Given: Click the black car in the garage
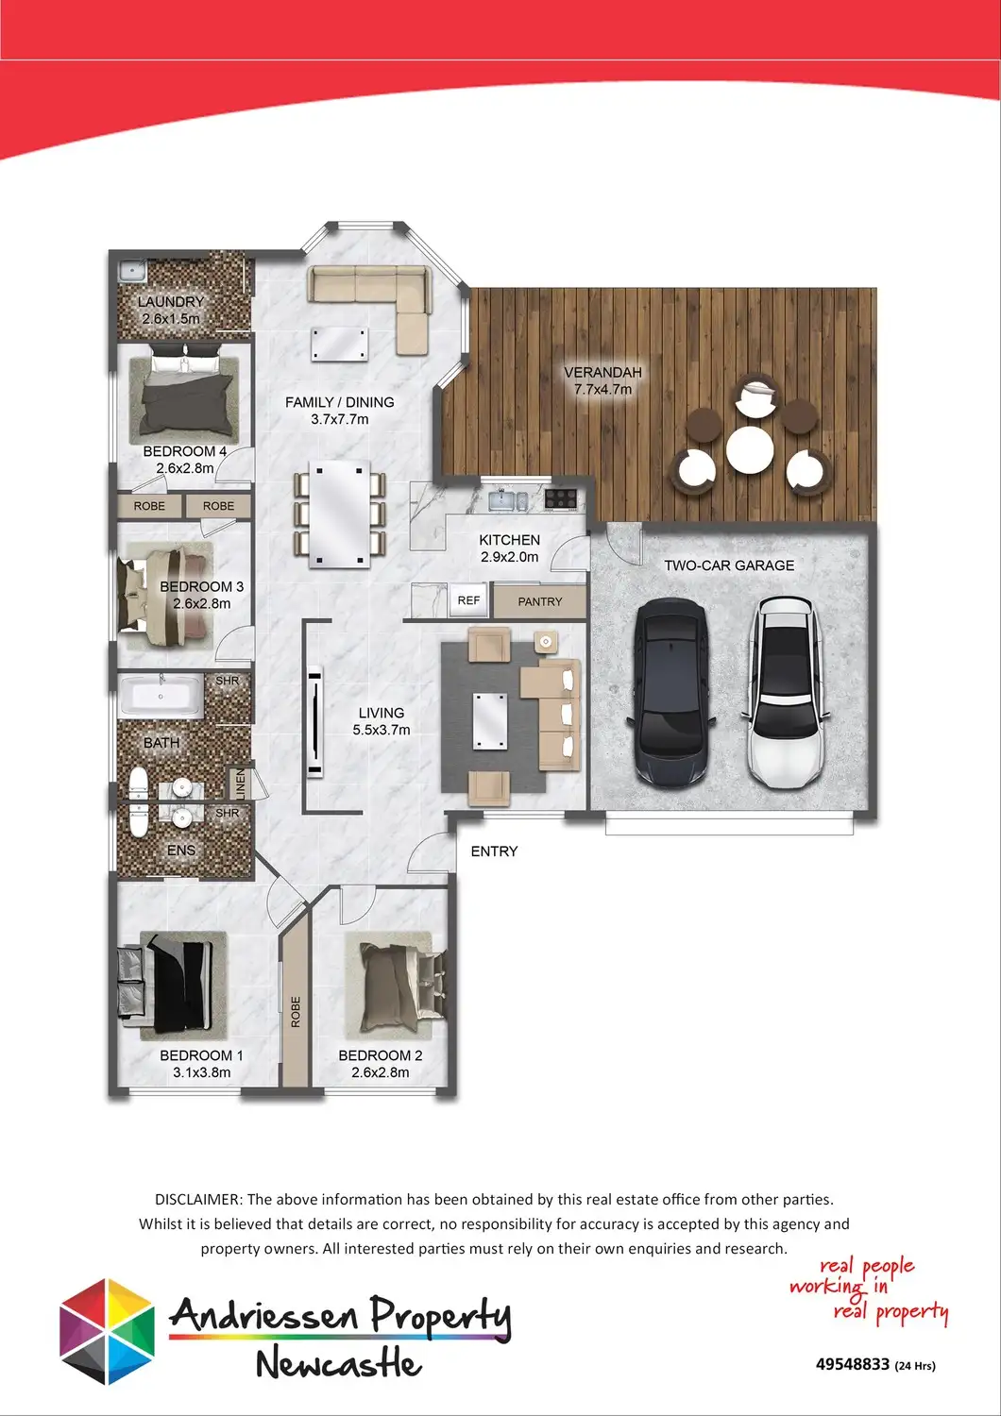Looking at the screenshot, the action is [x=670, y=692].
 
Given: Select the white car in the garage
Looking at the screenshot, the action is [x=786, y=692].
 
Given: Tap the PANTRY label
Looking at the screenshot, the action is [x=539, y=602].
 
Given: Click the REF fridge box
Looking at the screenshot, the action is [x=468, y=600].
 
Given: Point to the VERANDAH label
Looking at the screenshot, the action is [x=602, y=372].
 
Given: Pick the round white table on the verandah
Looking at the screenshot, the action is [x=750, y=449].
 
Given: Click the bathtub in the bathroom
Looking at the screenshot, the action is [x=161, y=696].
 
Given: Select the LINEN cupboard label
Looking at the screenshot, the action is [x=240, y=784].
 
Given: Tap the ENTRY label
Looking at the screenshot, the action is [x=494, y=851].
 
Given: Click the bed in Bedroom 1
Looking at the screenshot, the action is [x=165, y=986].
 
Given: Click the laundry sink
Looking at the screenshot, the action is [x=132, y=272].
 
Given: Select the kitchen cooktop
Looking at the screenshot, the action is [x=560, y=498].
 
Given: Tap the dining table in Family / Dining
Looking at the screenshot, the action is [x=340, y=514].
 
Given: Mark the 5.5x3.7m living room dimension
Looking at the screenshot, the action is [x=382, y=730].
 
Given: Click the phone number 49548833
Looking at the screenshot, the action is [x=853, y=1363].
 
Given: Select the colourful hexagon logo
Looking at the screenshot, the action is [x=107, y=1331].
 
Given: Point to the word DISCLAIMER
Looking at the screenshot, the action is [x=198, y=1199].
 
